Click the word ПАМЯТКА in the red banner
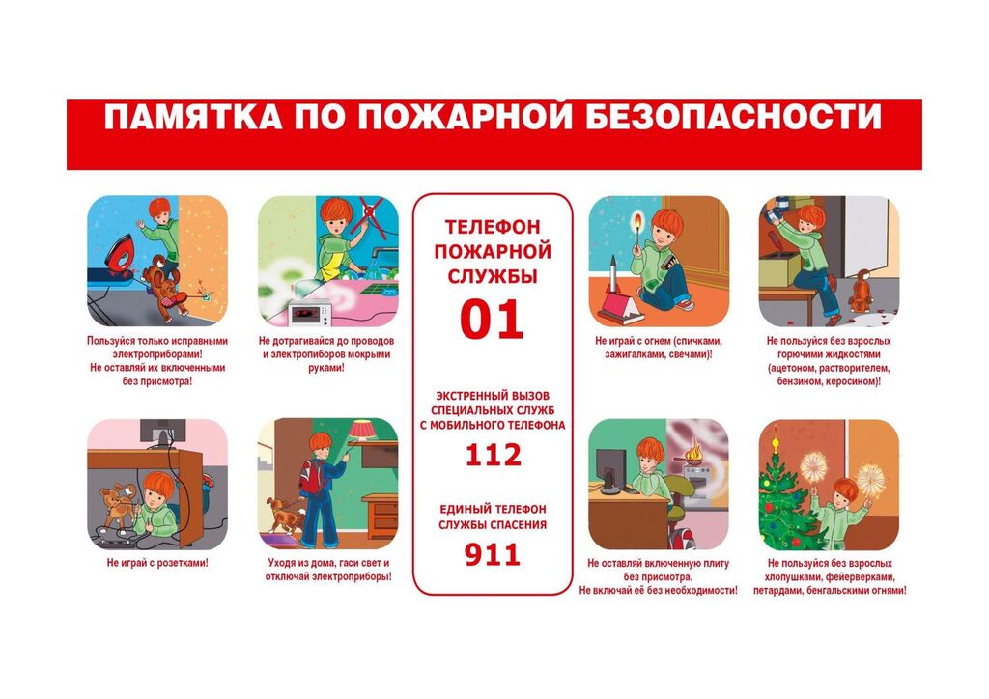click(x=193, y=117)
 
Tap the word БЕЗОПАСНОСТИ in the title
click(x=733, y=117)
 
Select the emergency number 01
click(x=492, y=320)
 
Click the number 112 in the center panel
click(x=493, y=455)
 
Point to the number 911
click(x=493, y=554)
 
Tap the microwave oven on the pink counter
click(x=310, y=312)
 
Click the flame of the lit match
click(x=637, y=220)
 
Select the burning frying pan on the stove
click(x=692, y=457)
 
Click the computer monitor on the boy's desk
click(x=609, y=470)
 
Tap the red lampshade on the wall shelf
click(x=362, y=431)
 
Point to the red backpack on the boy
click(x=311, y=477)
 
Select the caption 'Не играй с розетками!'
click(x=157, y=563)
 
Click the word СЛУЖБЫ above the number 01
click(x=493, y=276)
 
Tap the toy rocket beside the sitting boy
click(x=613, y=275)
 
